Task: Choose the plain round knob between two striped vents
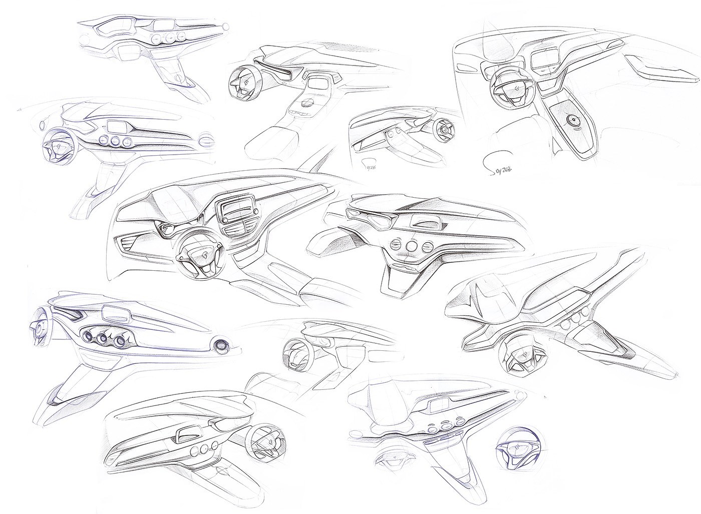(x=413, y=247)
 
